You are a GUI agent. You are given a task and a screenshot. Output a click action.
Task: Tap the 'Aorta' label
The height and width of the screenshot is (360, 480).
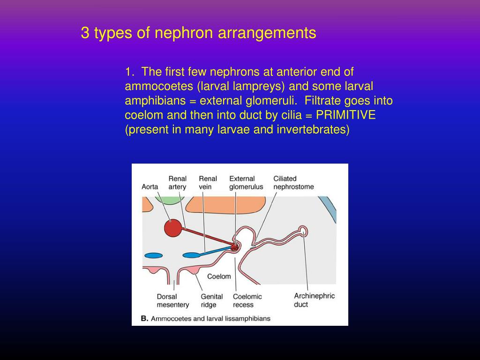tap(150, 187)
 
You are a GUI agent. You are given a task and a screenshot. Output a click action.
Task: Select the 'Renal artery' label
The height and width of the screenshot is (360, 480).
tap(178, 182)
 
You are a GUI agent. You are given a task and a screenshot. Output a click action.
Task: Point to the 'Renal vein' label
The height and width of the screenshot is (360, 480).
tap(208, 182)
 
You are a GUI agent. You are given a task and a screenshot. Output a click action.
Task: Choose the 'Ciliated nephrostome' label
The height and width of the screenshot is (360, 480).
tap(293, 182)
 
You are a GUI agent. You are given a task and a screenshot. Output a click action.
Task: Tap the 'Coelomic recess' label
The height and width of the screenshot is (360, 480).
tap(247, 300)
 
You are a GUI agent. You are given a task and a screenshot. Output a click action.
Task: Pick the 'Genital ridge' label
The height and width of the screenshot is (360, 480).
tap(211, 300)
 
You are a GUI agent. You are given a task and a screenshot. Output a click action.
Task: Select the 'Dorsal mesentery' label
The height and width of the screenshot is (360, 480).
tap(172, 300)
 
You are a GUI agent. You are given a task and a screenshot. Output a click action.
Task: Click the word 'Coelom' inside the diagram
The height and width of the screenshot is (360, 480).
tap(219, 276)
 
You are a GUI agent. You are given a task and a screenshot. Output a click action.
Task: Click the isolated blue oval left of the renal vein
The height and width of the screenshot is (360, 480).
tap(153, 255)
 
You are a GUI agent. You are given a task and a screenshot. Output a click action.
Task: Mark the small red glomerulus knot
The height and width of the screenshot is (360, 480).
tap(234, 246)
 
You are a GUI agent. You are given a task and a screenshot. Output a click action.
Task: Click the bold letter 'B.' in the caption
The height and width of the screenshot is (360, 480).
tap(144, 318)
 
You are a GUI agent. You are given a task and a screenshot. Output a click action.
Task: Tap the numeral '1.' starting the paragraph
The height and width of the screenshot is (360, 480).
tap(129, 72)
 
